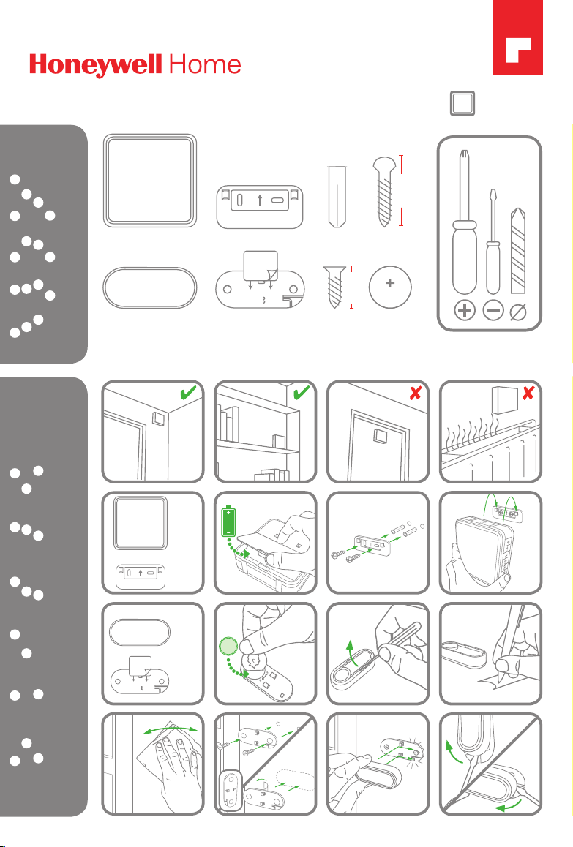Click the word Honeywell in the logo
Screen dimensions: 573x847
coord(96,65)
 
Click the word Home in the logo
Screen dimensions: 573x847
coord(205,65)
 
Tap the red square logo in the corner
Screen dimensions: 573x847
coord(518,37)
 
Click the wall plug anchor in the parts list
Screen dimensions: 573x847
coord(336,197)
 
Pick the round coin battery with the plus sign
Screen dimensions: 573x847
coord(390,287)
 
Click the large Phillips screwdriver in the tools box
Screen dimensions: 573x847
coord(465,222)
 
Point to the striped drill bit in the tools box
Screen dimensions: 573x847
coord(518,251)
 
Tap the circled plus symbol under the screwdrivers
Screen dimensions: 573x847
coord(465,311)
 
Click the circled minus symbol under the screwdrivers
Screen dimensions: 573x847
coord(493,311)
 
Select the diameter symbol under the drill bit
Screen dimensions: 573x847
coord(518,312)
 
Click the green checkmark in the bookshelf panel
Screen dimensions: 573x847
coord(301,392)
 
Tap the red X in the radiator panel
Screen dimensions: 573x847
coord(528,393)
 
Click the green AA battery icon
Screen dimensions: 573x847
coord(229,522)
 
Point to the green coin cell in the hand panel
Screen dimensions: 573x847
coord(228,646)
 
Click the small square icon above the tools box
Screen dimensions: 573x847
coord(462,103)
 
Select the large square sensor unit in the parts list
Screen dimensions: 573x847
coord(150,181)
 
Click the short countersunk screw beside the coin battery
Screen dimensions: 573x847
coord(335,287)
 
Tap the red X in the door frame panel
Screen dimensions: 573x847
coord(415,393)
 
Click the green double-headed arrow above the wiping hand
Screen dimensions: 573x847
coord(171,727)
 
